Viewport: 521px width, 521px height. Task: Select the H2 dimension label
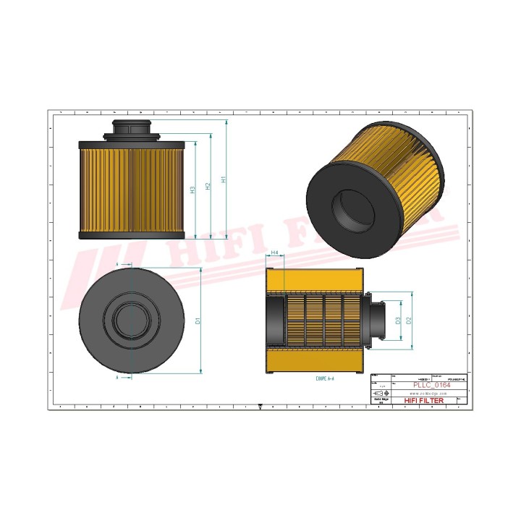pyautogui.click(x=208, y=186)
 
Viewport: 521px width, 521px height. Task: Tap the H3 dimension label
pyautogui.click(x=192, y=190)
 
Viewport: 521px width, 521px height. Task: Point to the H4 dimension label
pyautogui.click(x=274, y=253)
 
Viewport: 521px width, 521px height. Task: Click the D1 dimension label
pyautogui.click(x=197, y=320)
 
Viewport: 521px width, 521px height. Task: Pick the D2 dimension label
pyautogui.click(x=409, y=319)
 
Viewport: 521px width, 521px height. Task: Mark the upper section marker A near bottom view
pyautogui.click(x=117, y=266)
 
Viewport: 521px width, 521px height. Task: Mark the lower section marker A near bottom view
pyautogui.click(x=117, y=377)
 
